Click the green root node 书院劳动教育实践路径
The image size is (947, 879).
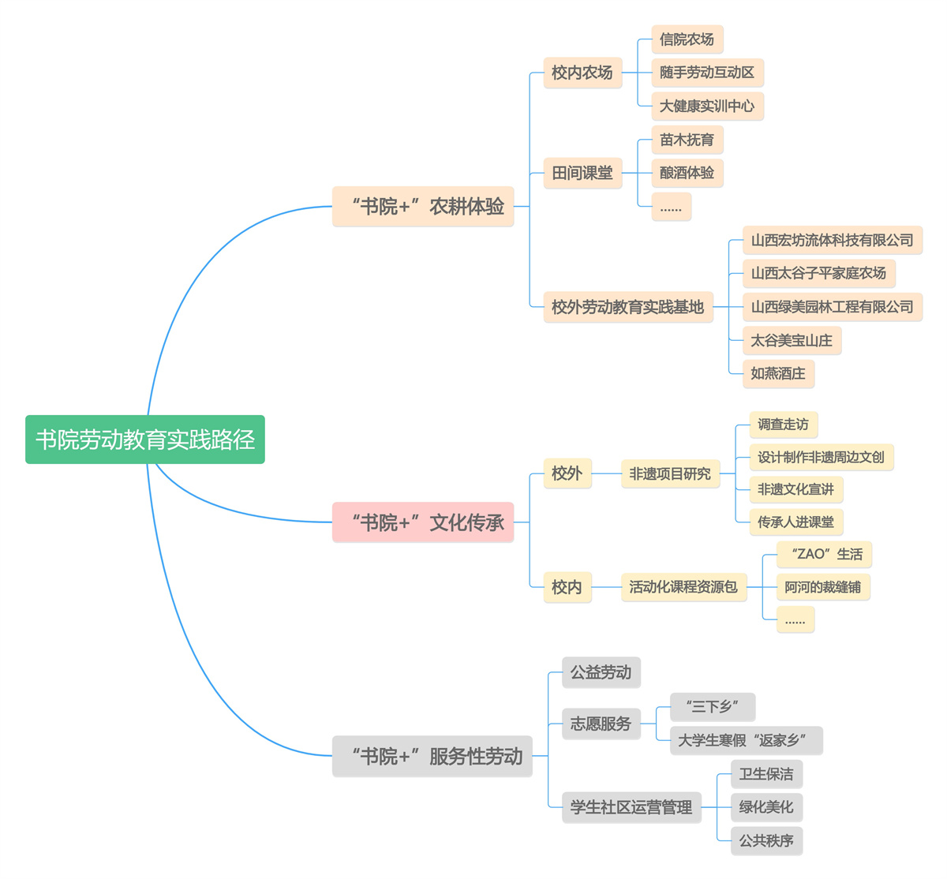coord(145,439)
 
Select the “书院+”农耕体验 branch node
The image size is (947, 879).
coord(423,207)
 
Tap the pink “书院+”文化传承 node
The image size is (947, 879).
coord(423,522)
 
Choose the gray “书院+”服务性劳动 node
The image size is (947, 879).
coord(432,756)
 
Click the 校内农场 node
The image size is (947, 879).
coord(582,73)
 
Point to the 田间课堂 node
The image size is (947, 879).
coord(582,173)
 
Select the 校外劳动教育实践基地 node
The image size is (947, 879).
coord(628,307)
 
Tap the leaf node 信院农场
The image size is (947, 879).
coord(687,39)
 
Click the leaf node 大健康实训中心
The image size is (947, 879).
coord(707,106)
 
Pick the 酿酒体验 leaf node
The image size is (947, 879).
coord(687,173)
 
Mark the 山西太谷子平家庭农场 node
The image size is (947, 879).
coord(818,273)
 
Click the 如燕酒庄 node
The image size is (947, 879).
coord(778,373)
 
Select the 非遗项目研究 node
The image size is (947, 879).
coord(670,473)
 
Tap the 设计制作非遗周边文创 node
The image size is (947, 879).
coord(821,458)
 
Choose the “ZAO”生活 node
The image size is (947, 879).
coord(824,554)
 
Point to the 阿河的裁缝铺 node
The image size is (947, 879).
coord(823,586)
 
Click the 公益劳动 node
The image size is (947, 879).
coord(601,672)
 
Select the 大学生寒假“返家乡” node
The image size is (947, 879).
coord(747,740)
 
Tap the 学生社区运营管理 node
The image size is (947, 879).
coord(631,807)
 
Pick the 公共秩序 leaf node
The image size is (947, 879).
coord(766,841)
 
